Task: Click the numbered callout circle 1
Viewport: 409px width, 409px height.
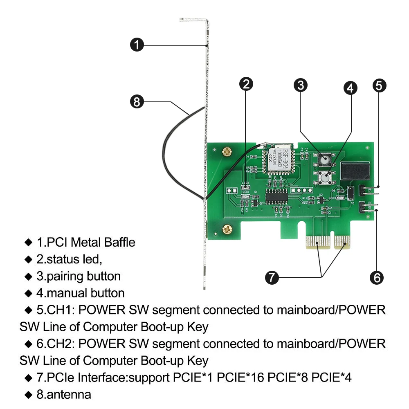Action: pyautogui.click(x=137, y=45)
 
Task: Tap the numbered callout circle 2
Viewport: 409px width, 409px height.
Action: pyautogui.click(x=246, y=84)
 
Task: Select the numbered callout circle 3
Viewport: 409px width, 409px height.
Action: pyautogui.click(x=301, y=85)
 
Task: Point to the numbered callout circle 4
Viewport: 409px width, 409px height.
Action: pyautogui.click(x=351, y=88)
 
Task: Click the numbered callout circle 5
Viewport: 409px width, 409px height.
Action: pyautogui.click(x=379, y=85)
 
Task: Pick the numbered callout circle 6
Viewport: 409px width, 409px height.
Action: pyautogui.click(x=377, y=278)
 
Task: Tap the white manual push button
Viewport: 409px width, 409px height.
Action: pyautogui.click(x=325, y=178)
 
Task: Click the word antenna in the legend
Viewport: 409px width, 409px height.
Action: pyautogui.click(x=68, y=395)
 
